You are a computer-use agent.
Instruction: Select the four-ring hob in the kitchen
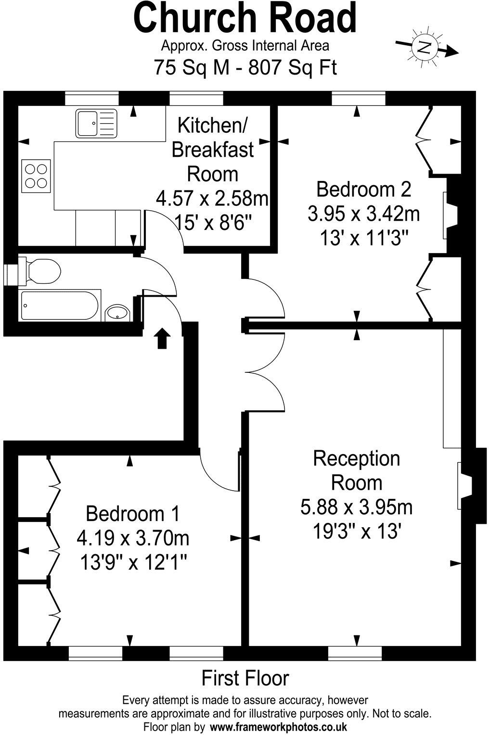tap(37, 176)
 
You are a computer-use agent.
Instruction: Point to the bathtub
tap(60, 305)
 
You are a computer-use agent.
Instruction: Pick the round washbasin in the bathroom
tap(116, 313)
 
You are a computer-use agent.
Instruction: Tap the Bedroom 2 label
tap(363, 189)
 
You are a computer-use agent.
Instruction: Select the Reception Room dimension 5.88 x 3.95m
tap(356, 507)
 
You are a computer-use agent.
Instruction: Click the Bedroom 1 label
tap(132, 514)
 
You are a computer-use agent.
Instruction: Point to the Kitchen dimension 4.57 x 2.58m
tap(212, 198)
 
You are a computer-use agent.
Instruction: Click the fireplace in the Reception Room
tap(466, 485)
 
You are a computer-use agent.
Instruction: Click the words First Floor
tap(245, 678)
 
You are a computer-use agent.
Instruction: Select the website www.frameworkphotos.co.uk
tap(279, 726)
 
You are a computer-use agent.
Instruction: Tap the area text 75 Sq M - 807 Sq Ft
tap(245, 67)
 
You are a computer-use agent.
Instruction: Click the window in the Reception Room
tap(355, 653)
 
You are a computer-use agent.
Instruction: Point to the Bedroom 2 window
tap(358, 99)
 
